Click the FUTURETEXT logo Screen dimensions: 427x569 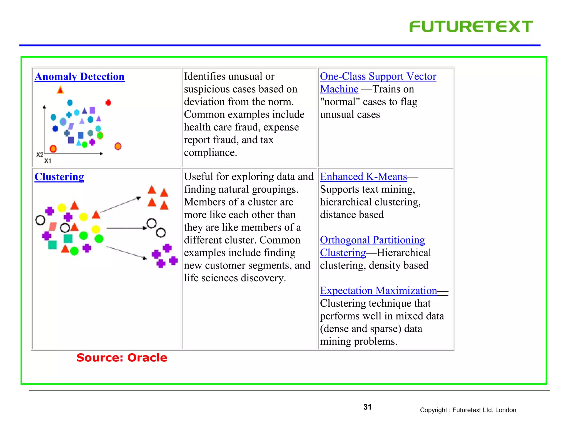pos(471,27)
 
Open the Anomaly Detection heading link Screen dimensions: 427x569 pos(79,76)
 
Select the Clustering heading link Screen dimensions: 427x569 pos(59,177)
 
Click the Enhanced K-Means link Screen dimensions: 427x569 pos(363,177)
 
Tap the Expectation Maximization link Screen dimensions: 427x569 pos(378,291)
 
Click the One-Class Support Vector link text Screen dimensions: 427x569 pos(378,76)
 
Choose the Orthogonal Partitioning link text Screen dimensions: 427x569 pos(372,240)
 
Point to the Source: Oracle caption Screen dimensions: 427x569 pos(122,358)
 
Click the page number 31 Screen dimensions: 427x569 pos(367,407)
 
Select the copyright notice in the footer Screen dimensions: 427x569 pos(468,410)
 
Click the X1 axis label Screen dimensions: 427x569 pos(48,161)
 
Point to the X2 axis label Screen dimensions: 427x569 pos(40,155)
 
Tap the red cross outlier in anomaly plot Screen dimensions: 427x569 pos(108,103)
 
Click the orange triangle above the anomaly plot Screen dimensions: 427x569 pos(60,90)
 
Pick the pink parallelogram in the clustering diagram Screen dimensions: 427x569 pos(53,227)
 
